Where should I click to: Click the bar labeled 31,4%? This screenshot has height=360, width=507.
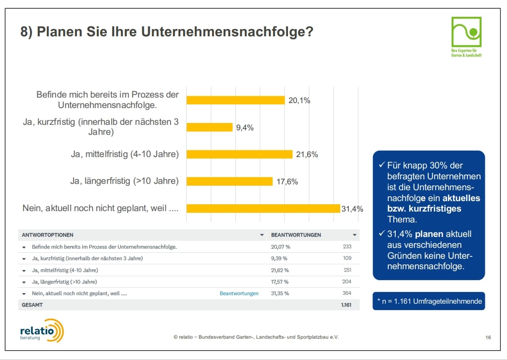263,208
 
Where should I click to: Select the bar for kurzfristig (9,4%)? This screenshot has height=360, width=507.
209,127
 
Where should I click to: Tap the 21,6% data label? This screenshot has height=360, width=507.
307,154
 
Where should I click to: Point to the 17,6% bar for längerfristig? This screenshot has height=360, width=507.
229,181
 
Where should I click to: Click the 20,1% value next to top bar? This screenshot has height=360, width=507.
299,100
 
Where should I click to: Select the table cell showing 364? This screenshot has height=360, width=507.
347,293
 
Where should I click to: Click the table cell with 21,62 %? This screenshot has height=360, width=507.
280,270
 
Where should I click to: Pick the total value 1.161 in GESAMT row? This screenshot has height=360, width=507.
346,305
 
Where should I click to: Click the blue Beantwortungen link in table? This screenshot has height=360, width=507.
239,293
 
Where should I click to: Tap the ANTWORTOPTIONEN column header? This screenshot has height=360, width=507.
48,235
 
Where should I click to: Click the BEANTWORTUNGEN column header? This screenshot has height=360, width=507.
296,235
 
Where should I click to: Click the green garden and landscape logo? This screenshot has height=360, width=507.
466,36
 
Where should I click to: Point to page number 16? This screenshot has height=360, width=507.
488,337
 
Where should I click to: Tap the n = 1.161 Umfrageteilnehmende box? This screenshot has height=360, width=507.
428,301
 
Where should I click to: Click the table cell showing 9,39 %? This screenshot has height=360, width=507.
280,258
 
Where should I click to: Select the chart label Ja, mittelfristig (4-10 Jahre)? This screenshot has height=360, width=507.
124,154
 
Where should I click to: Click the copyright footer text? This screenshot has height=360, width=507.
256,337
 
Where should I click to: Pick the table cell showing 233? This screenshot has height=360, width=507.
347,247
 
